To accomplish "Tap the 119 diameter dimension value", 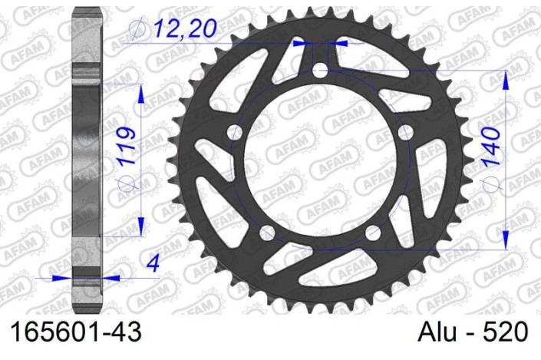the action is pos(126,146).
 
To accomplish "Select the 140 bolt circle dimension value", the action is pos(491,147).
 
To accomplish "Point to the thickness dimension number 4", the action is pos(153,264).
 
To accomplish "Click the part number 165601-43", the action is pos(76,332).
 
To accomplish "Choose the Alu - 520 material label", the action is pos(473,332).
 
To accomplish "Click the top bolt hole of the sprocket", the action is pos(320,70).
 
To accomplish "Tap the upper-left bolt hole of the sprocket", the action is pos(235,132).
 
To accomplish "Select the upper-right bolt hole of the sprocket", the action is pos(405,132).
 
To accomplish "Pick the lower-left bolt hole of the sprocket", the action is pos(267,233).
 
